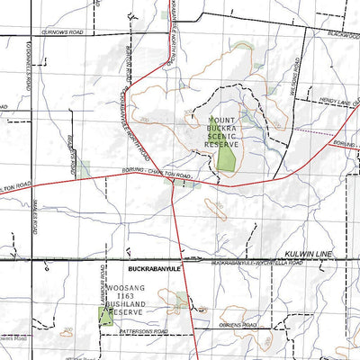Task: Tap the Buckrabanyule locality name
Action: tap(155, 269)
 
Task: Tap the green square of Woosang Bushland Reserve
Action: tap(106, 317)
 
